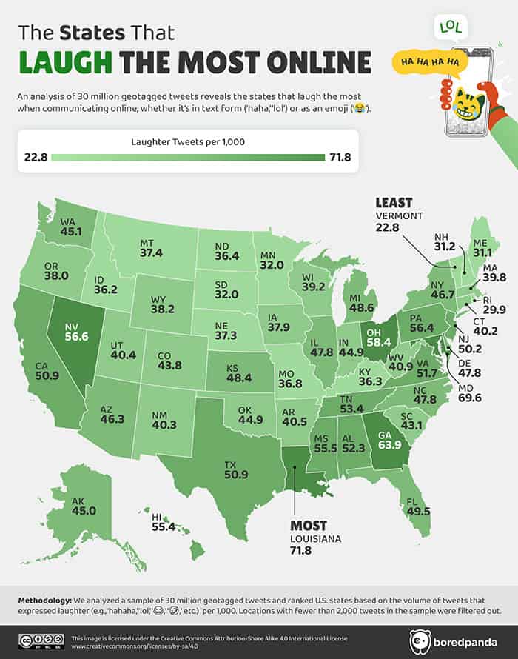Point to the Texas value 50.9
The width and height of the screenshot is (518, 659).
click(x=235, y=478)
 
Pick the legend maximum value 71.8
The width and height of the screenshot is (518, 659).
click(x=338, y=157)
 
